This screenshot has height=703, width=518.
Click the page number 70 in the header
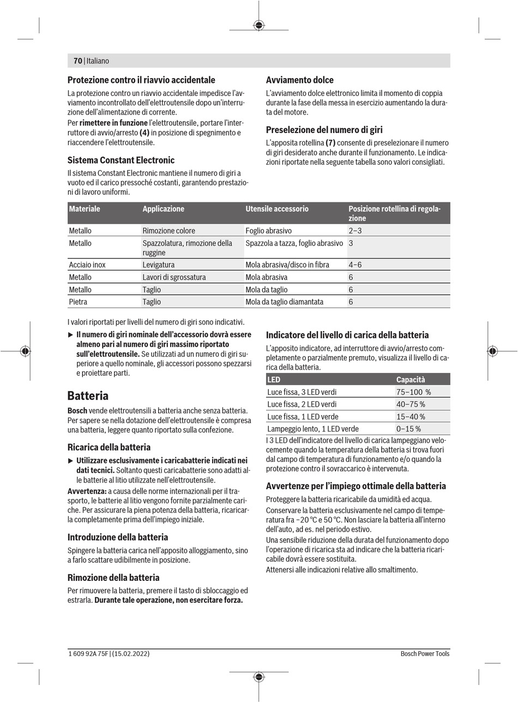pyautogui.click(x=77, y=61)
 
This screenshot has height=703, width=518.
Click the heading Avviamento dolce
pyautogui.click(x=299, y=80)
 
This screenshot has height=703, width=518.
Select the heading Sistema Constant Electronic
pyautogui.click(x=121, y=160)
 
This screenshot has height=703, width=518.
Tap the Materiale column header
pyautogui.click(x=85, y=209)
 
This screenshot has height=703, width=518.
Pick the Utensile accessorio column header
pyautogui.click(x=277, y=209)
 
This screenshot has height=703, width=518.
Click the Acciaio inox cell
pyautogui.click(x=87, y=265)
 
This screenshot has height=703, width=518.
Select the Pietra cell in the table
pyautogui.click(x=78, y=302)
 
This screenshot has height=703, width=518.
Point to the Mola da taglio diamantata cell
pyautogui.click(x=284, y=302)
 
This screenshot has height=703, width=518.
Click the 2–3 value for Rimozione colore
pyautogui.click(x=355, y=231)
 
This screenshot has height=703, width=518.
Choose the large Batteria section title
pyautogui.click(x=88, y=395)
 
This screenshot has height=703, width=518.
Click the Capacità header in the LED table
pyautogui.click(x=410, y=380)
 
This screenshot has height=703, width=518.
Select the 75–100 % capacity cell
pyautogui.click(x=413, y=392)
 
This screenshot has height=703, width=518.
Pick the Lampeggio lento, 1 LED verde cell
pyautogui.click(x=305, y=429)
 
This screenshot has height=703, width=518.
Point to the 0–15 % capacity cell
pyautogui.click(x=408, y=429)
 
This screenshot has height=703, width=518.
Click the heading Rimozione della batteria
pyautogui.click(x=113, y=578)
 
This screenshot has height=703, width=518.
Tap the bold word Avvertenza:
pyautogui.click(x=87, y=490)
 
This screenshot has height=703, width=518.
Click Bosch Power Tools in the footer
pyautogui.click(x=425, y=653)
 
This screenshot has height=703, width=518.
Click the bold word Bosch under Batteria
pyautogui.click(x=77, y=410)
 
